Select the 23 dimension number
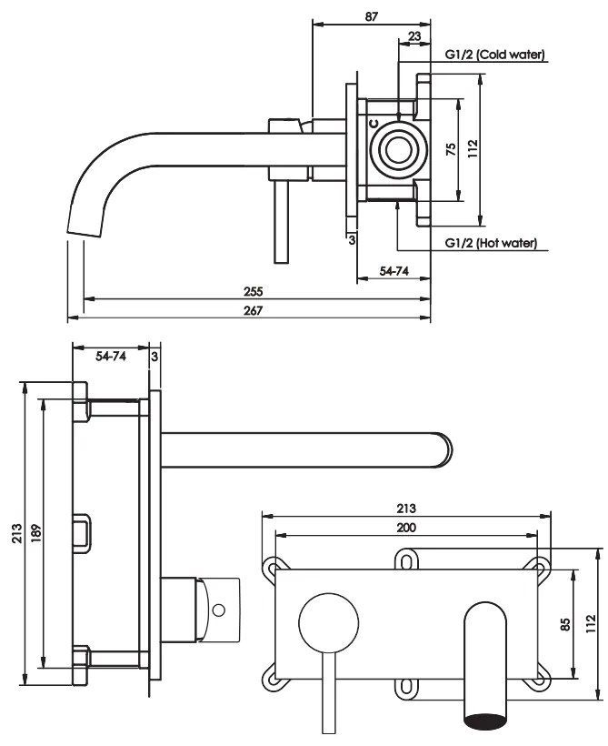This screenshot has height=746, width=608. tap(414, 36)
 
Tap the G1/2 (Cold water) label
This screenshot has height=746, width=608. tap(495, 55)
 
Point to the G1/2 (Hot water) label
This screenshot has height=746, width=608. tap(491, 243)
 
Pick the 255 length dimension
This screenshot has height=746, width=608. tap(254, 291)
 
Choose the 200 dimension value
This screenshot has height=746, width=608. tap(406, 528)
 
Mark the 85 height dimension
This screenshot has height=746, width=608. tap(564, 624)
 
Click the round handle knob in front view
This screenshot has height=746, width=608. tap(324, 622)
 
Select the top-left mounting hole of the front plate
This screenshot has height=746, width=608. tap(272, 568)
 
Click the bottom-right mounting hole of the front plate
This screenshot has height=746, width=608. tap(542, 677)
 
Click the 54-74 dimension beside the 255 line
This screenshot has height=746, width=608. tap(392, 272)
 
